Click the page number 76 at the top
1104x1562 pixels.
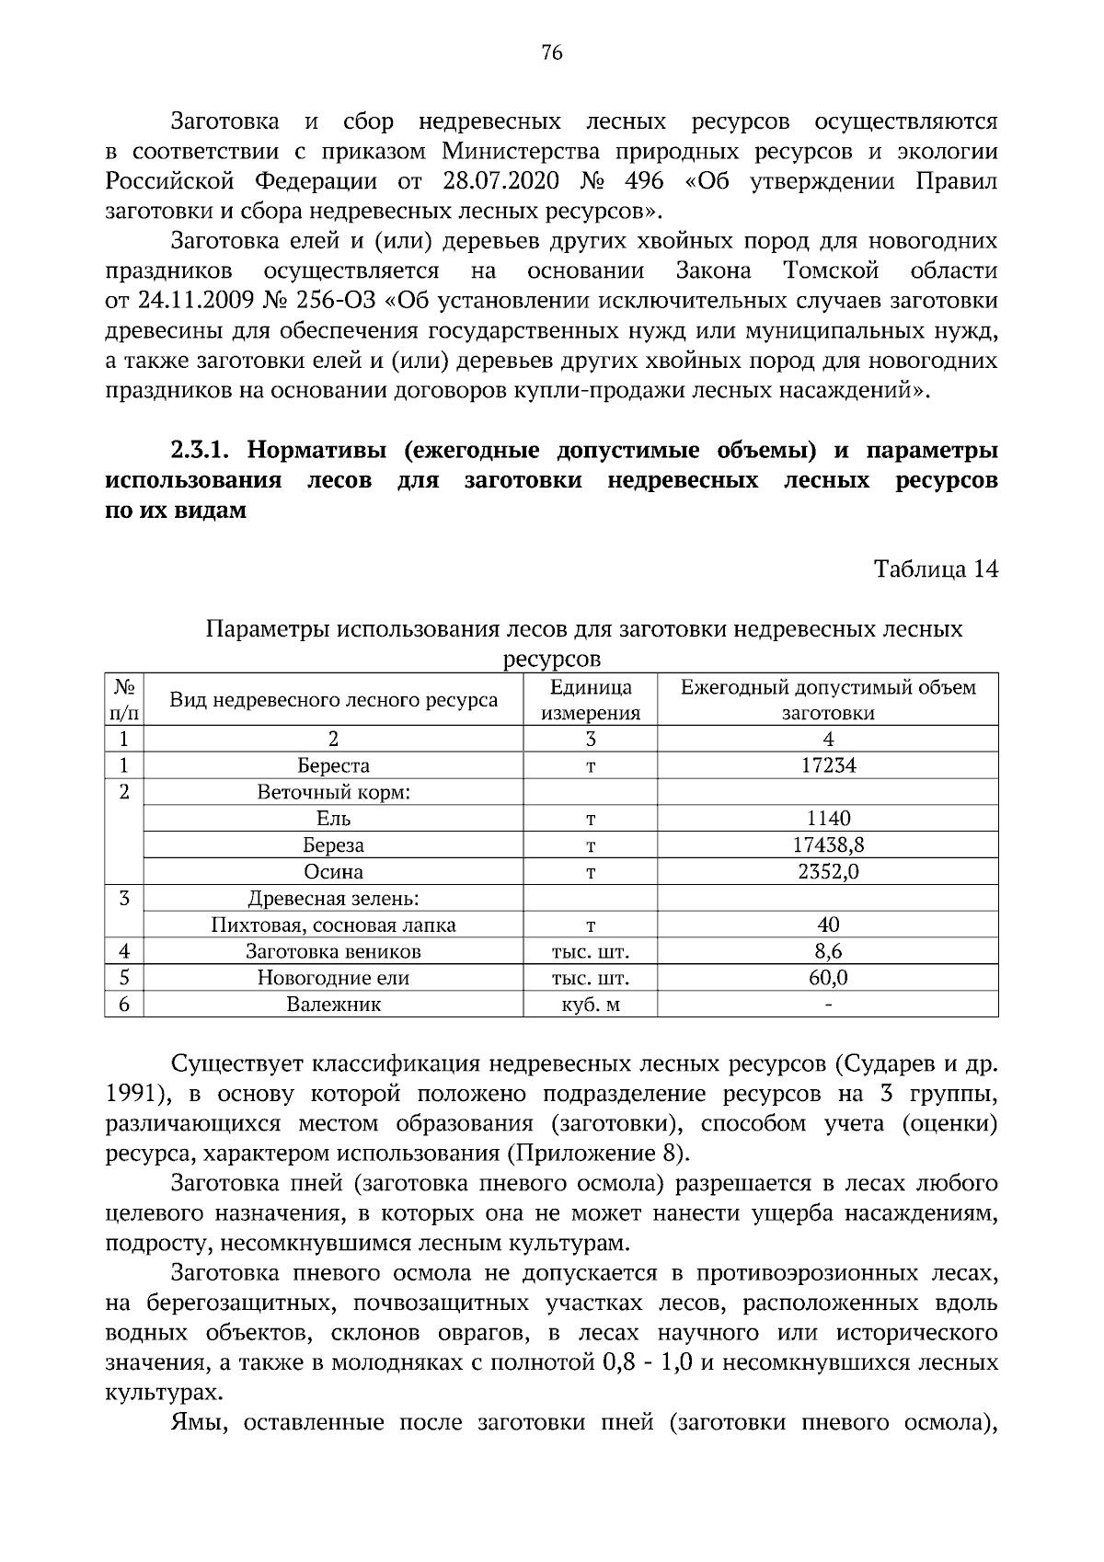[551, 52]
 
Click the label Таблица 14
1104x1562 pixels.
[935, 569]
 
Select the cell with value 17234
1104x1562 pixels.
[828, 765]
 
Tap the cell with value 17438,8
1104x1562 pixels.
[828, 844]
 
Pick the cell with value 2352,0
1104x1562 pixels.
[828, 871]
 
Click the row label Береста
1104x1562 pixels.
[333, 765]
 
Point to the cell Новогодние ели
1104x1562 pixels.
[333, 978]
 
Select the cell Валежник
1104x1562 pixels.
[333, 1005]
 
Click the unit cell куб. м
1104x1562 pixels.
[590, 1005]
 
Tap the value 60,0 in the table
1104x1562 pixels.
[828, 978]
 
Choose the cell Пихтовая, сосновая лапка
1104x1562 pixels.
[333, 925]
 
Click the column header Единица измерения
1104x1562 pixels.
[590, 700]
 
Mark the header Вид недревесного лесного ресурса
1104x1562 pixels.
[333, 700]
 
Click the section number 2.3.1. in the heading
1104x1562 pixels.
[203, 453]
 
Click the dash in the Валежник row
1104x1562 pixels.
[828, 1005]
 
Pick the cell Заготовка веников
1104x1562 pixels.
[333, 951]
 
